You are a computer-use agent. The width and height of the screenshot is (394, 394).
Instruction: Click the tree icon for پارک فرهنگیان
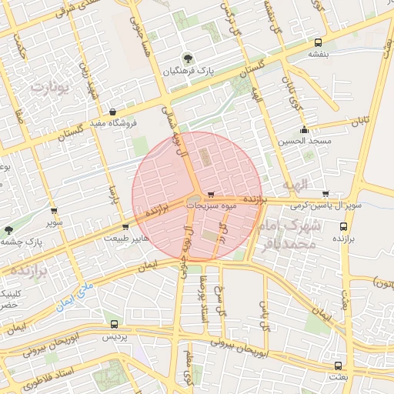point(187,58)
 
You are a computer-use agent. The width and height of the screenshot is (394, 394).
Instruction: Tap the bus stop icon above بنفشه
point(319,42)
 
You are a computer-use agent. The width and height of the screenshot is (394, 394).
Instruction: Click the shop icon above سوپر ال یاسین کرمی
point(326,194)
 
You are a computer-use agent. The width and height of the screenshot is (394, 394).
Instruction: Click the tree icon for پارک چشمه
point(8,230)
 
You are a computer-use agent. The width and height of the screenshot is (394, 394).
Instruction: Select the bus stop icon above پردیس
point(114,324)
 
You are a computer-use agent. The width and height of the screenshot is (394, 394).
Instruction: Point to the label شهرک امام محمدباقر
point(289,234)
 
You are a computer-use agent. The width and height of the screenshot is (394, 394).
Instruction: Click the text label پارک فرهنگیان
point(187,72)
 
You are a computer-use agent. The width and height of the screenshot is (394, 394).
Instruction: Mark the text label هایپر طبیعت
point(125,239)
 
